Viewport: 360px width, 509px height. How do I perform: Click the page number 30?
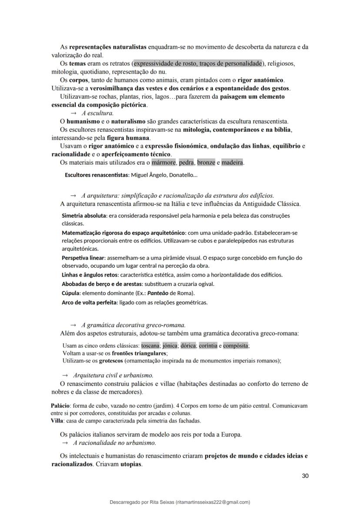[305, 476]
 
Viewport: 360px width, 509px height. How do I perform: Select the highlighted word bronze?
[206, 163]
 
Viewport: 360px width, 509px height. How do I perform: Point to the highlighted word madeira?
[232, 163]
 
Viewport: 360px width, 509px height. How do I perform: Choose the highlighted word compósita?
[236, 346]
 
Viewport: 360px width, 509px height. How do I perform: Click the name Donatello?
[182, 175]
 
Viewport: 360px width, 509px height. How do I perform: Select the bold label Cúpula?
[71, 293]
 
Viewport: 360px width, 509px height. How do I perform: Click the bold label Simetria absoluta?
[84, 216]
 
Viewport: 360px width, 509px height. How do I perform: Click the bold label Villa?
[57, 421]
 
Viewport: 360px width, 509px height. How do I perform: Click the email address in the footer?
[213, 502]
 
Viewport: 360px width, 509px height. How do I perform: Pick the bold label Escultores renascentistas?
[97, 175]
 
